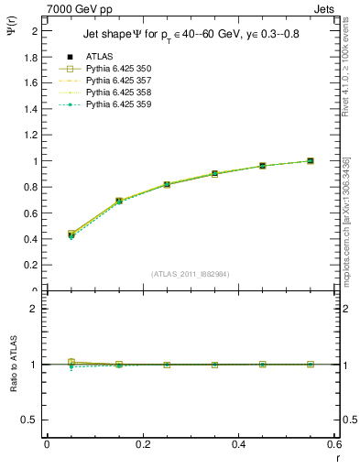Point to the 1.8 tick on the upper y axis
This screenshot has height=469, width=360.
click(33, 57)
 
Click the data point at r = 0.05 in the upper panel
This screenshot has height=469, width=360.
click(72, 234)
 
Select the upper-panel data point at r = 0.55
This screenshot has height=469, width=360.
click(311, 161)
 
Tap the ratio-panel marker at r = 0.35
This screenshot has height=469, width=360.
click(215, 365)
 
